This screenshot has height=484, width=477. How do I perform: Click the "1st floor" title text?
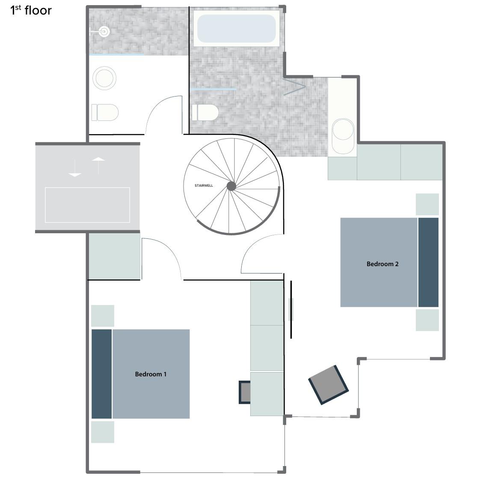tap(31, 10)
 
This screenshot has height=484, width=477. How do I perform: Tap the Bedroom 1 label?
tap(151, 374)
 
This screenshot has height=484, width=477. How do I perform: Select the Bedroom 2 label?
tap(382, 264)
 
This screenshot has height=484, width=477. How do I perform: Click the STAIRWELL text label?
tap(204, 185)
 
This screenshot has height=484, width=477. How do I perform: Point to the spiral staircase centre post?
tap(231, 186)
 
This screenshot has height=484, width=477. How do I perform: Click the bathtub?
tap(237, 29)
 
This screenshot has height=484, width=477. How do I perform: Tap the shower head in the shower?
tap(104, 31)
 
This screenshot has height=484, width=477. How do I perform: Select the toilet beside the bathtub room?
tap(205, 112)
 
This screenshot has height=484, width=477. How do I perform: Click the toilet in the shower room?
tap(105, 112)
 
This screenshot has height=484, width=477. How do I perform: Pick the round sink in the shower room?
tap(104, 78)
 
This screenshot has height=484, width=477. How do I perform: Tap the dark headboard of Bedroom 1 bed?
tap(102, 374)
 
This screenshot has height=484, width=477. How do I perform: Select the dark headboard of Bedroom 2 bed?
tap(428, 262)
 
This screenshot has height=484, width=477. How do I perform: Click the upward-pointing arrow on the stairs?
tap(98, 165)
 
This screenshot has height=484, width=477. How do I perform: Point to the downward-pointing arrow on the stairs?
tap(75, 168)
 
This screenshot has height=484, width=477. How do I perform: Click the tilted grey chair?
tap(328, 384)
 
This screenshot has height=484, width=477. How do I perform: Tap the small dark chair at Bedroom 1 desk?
tap(245, 392)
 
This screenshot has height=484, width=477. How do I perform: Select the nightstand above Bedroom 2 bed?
tap(427, 204)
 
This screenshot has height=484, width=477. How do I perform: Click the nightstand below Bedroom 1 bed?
tap(103, 432)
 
